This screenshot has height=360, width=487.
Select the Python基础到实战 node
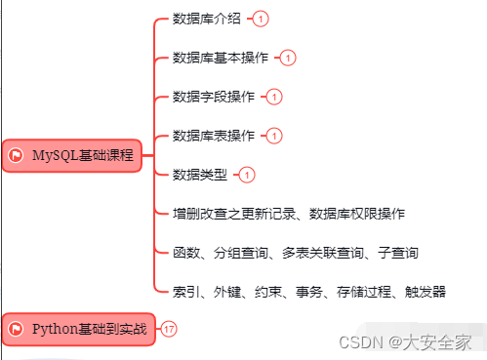tap(78, 329)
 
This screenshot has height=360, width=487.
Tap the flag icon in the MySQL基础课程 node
tap(16, 155)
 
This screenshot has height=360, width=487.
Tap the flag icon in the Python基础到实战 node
tap(16, 329)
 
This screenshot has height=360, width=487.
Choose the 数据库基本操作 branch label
tap(222, 58)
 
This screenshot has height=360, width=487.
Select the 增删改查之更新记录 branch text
tap(231, 213)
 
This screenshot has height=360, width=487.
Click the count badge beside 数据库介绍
tap(261, 19)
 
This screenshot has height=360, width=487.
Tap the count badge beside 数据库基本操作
tap(288, 58)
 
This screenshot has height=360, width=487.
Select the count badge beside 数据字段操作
tap(274, 97)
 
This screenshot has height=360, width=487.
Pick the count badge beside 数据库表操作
tap(274, 136)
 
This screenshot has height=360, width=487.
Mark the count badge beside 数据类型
tap(247, 175)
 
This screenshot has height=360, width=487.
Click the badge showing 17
tap(170, 329)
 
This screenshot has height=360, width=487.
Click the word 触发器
tap(426, 291)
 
